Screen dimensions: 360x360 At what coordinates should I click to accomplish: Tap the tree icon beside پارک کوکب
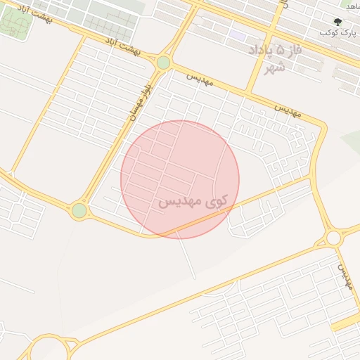pos(338,22)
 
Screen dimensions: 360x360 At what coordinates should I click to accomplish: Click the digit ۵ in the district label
pos(283,51)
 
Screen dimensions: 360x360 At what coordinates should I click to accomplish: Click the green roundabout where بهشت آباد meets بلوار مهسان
pos(163,63)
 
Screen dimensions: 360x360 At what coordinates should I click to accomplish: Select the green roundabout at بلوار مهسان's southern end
pos(79,210)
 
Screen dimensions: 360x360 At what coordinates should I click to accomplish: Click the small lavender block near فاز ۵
pos(238,35)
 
